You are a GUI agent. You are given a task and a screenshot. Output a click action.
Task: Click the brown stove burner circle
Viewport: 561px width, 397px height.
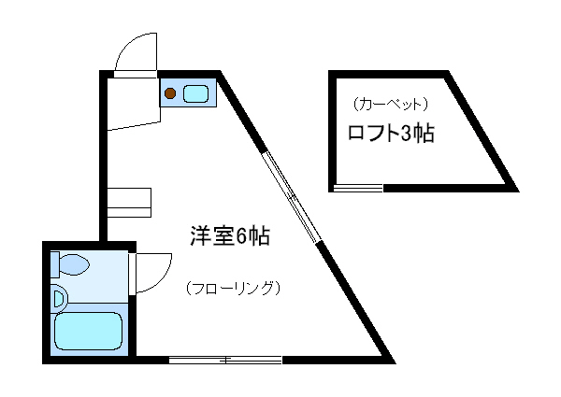[171, 92]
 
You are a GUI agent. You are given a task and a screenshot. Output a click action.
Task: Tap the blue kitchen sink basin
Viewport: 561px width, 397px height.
[196, 92]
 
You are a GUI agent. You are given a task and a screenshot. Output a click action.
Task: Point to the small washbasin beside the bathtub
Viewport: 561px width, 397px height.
[59, 299]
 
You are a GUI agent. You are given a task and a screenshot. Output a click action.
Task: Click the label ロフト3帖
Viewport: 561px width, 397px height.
[390, 134]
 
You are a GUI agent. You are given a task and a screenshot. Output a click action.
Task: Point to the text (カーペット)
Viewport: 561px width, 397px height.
[391, 103]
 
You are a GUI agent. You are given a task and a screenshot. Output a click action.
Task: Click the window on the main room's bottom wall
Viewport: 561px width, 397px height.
[225, 359]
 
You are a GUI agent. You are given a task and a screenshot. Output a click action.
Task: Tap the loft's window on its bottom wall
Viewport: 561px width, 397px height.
[358, 188]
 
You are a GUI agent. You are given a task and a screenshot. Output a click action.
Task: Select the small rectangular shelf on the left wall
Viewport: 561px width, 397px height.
[129, 201]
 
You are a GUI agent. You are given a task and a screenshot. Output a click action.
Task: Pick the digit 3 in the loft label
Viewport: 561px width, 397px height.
[405, 134]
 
